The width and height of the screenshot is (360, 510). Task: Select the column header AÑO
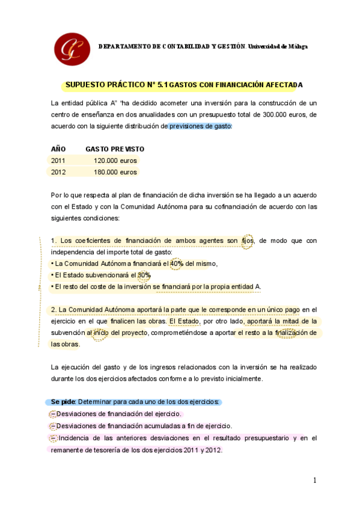(58, 149)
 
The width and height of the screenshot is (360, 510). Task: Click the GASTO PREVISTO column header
(115, 149)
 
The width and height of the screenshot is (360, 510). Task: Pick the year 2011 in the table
(58, 161)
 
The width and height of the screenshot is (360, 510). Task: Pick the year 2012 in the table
(58, 172)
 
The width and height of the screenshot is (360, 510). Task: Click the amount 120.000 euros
(115, 161)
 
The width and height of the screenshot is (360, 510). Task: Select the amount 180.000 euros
(115, 172)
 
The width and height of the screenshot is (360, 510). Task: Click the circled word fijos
(248, 241)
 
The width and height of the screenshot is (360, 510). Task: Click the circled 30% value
(144, 275)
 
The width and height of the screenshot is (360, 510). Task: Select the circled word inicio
(100, 333)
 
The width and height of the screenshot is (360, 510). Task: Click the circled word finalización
(287, 333)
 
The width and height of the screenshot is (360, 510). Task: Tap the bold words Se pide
(63, 401)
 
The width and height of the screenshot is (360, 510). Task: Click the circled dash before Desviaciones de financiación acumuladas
(52, 425)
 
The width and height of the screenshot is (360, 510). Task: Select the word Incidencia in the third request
(75, 437)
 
